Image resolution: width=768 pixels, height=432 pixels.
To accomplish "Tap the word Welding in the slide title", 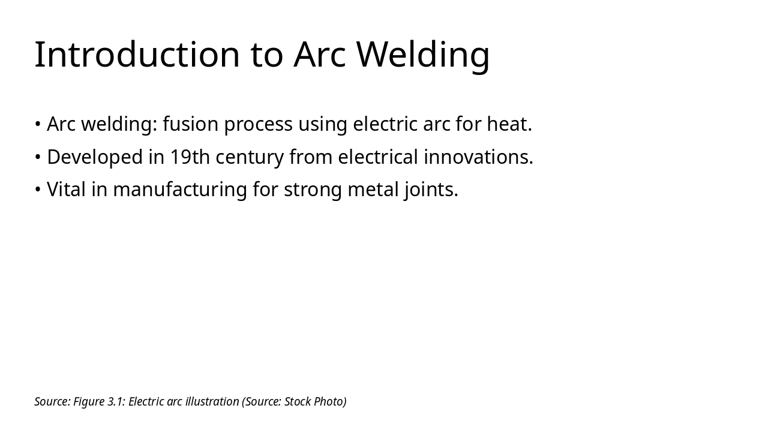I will tap(423, 55).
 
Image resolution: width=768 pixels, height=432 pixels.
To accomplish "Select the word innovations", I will tap(478, 157).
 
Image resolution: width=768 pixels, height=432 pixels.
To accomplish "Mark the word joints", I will tap(431, 190).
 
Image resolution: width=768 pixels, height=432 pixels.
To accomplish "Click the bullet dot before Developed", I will tap(38, 157).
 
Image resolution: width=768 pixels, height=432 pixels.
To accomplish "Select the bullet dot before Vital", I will tap(38, 190).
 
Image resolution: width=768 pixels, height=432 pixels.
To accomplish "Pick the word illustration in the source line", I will tap(212, 401).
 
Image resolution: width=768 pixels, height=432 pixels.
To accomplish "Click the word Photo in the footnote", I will tap(329, 401).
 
